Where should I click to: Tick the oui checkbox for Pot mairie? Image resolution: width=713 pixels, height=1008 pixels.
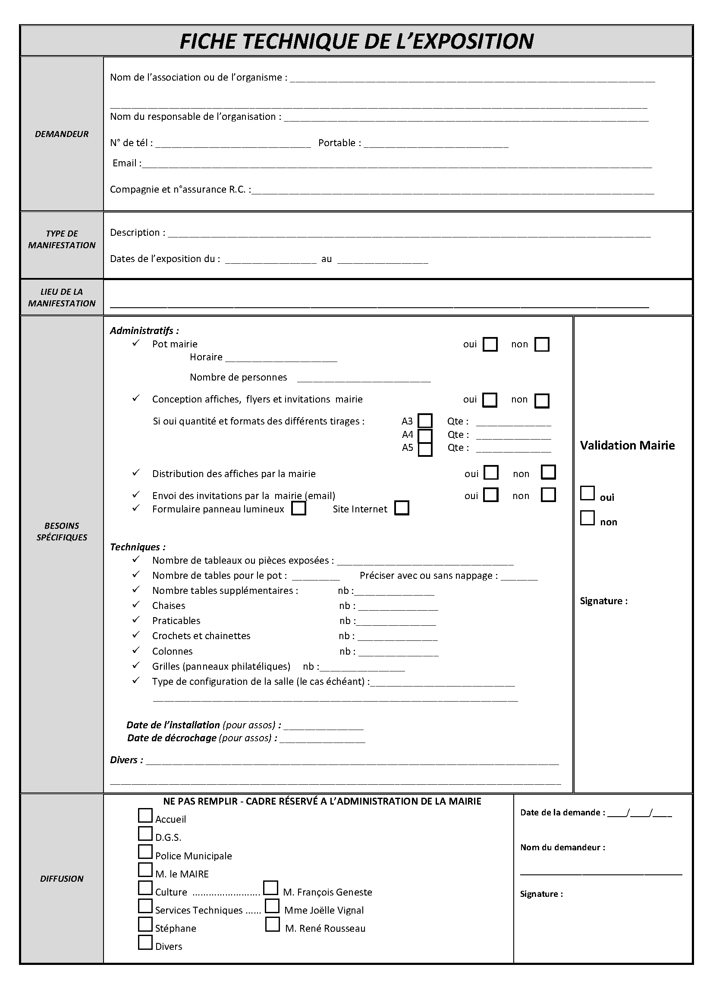click(x=490, y=344)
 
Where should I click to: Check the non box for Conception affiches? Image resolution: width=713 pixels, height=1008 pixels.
click(x=542, y=400)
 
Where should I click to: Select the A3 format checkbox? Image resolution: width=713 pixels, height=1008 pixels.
click(x=425, y=421)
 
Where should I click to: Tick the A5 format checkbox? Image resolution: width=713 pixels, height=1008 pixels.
click(x=425, y=449)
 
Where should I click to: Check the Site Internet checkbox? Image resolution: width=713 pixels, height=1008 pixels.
click(x=402, y=508)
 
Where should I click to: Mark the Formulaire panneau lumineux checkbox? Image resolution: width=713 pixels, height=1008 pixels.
click(x=299, y=509)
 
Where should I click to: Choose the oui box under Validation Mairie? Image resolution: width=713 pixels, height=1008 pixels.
click(x=587, y=493)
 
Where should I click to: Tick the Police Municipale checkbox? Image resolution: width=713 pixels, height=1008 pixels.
click(x=145, y=852)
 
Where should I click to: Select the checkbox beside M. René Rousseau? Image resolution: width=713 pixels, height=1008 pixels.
click(x=272, y=924)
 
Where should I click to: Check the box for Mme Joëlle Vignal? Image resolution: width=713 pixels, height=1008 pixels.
click(x=272, y=906)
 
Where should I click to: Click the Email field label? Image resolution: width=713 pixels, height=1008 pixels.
click(x=126, y=163)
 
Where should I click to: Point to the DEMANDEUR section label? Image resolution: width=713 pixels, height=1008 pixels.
click(x=62, y=134)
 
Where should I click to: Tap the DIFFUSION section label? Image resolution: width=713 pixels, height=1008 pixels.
click(x=62, y=878)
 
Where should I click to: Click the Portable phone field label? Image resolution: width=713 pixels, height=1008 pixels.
click(x=339, y=143)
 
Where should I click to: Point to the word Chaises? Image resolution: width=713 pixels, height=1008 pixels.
click(x=169, y=606)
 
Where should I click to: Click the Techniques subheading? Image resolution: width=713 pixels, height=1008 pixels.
click(x=138, y=547)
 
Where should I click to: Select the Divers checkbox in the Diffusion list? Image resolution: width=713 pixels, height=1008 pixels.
click(x=145, y=942)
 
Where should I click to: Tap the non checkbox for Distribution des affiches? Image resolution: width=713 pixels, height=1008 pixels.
click(x=548, y=472)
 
